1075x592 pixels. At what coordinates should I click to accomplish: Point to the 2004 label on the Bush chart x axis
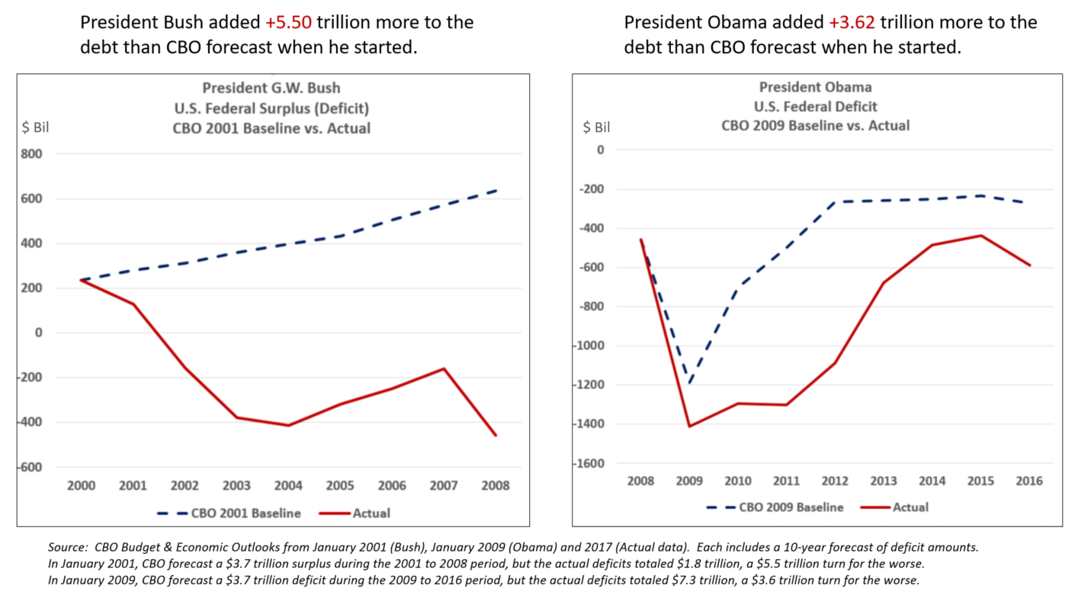tap(288, 485)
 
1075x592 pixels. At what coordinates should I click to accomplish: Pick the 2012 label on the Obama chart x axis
tap(834, 481)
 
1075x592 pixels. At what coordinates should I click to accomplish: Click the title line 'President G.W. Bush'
tap(271, 87)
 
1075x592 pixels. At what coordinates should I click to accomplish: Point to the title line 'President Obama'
tap(815, 87)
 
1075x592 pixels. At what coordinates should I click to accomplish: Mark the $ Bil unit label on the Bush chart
tap(35, 127)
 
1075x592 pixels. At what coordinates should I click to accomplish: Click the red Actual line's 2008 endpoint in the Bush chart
tap(496, 436)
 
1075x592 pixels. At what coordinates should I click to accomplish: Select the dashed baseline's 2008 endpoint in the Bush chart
tap(496, 189)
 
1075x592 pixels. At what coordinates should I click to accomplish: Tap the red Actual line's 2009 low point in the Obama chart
tap(689, 426)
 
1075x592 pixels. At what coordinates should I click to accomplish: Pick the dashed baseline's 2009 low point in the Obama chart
tap(690, 384)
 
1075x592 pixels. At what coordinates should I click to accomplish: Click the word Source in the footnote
tap(64, 548)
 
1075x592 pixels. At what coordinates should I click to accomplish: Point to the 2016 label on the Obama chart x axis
tap(1029, 481)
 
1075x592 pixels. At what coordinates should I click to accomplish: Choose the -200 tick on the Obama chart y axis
tap(593, 189)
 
